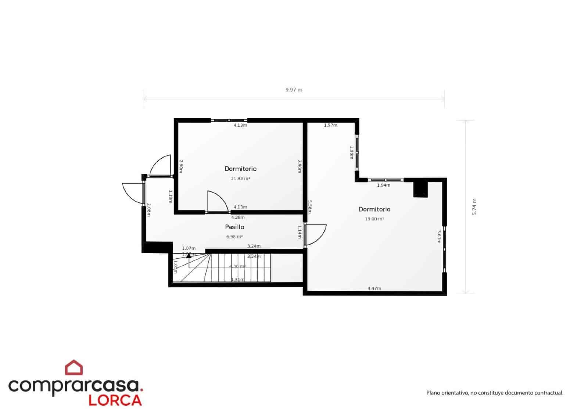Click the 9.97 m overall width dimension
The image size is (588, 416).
294,90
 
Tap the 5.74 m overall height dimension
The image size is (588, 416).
474,207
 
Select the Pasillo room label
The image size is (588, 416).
234,227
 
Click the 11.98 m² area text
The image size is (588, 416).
240,179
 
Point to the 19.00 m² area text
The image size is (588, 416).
374,219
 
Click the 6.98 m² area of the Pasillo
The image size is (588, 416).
234,237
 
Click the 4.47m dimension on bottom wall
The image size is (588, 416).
374,288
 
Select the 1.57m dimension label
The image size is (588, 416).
330,125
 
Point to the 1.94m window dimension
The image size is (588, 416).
383,185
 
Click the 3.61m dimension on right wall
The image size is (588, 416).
439,237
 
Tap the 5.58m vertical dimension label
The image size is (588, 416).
310,207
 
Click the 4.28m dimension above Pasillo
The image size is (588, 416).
238,217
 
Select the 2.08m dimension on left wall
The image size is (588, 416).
149,210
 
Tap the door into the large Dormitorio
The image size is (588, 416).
315,234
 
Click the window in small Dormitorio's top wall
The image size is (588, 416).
229,120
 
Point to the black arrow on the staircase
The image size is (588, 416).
189,255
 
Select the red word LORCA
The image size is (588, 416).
115,400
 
